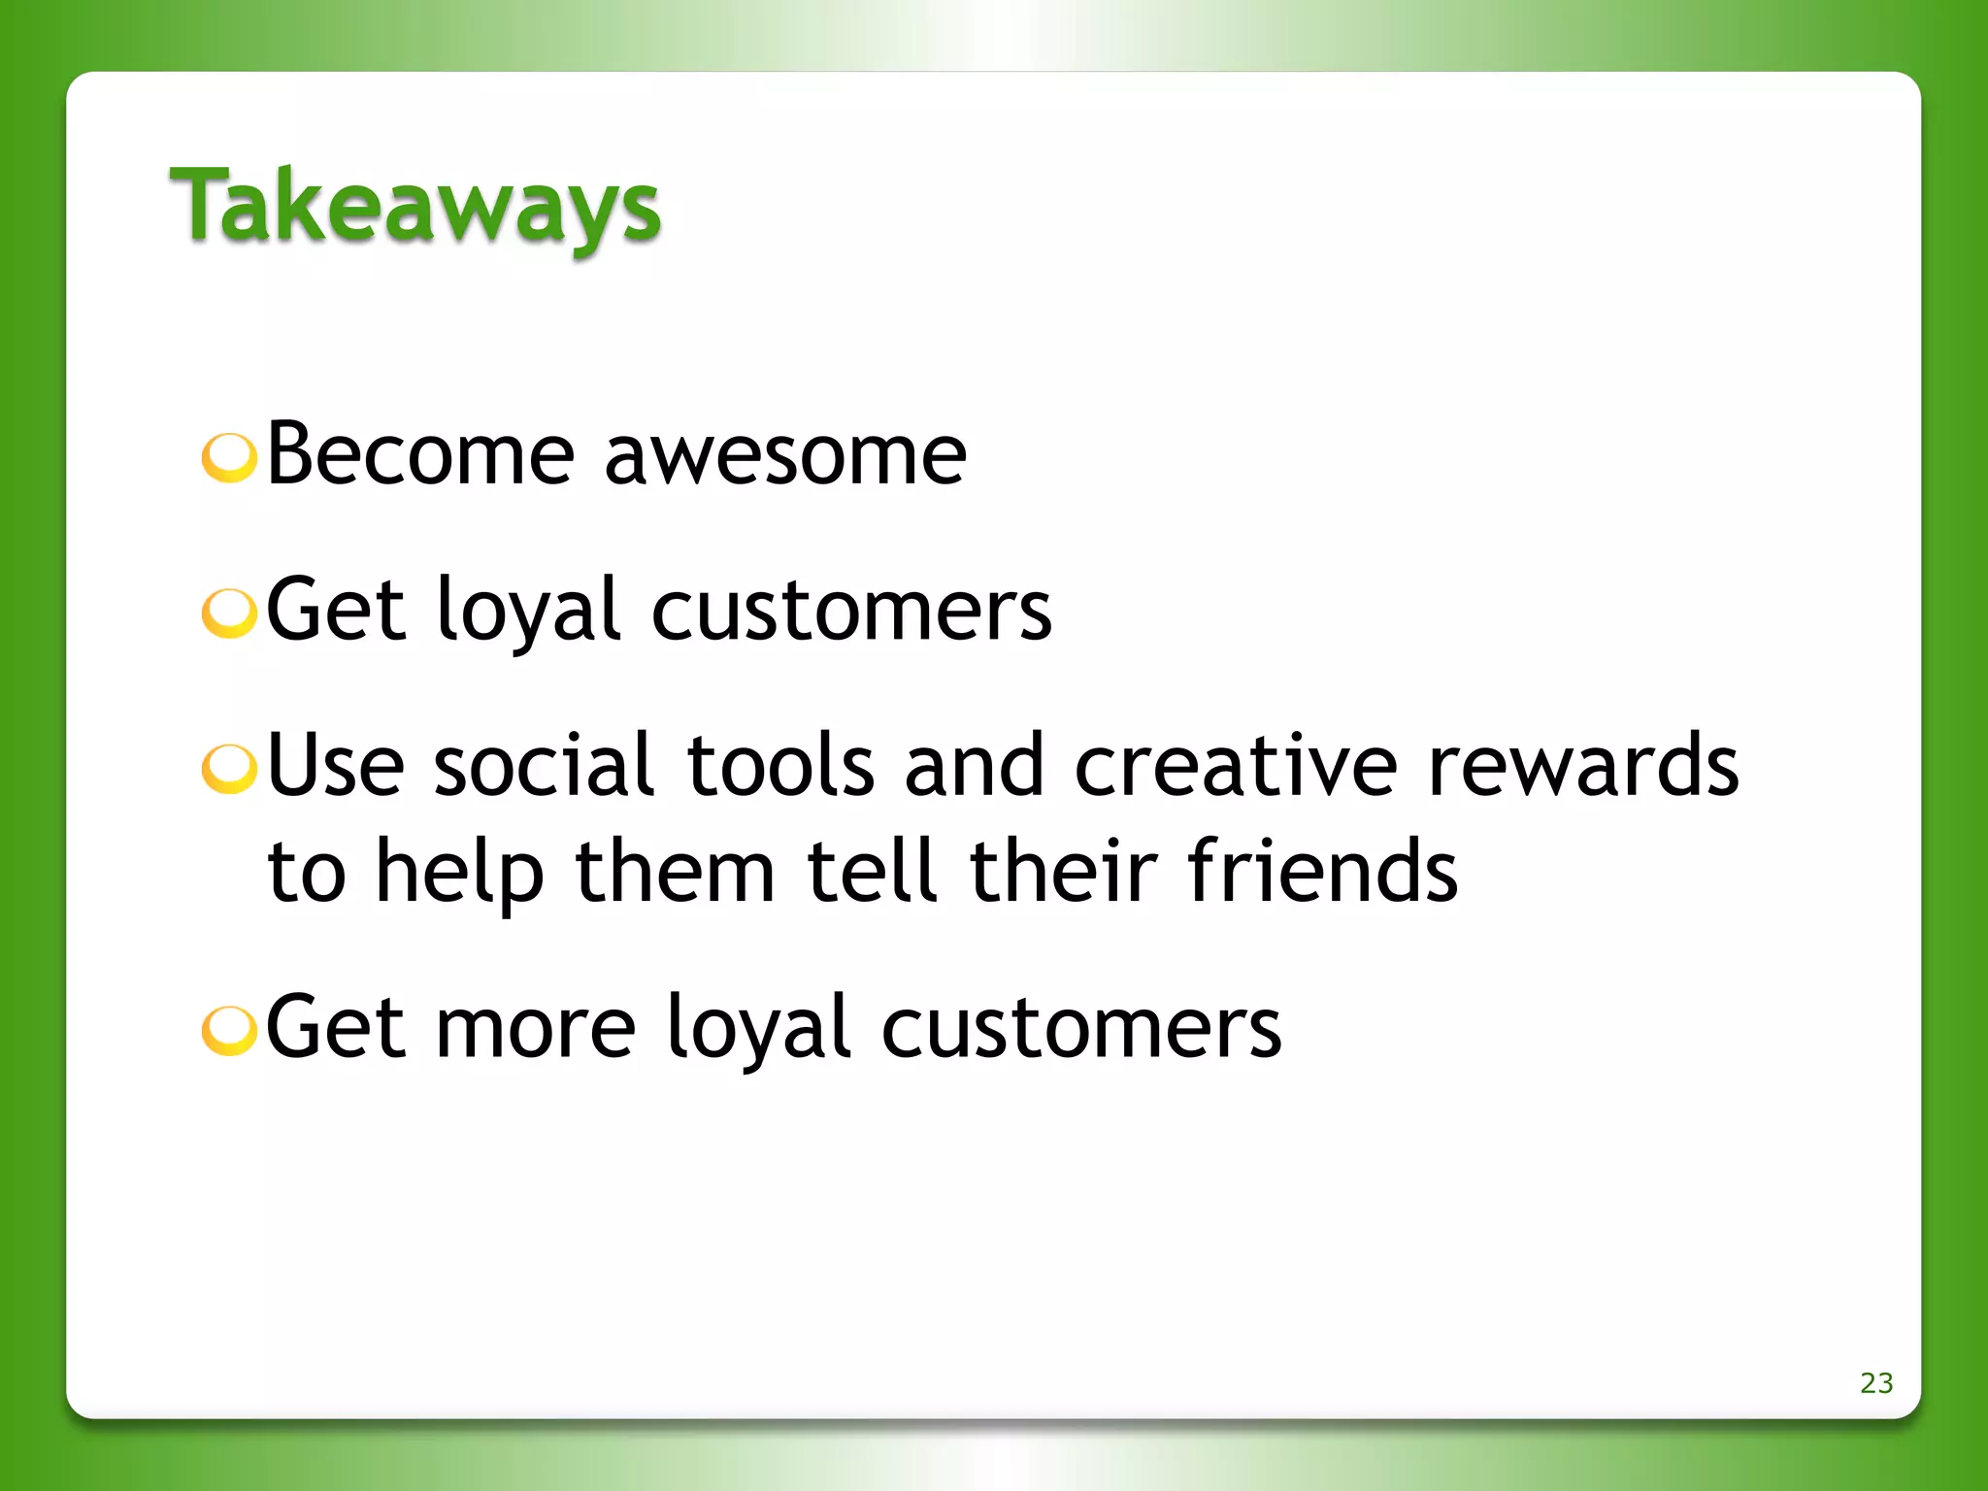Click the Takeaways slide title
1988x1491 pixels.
click(415, 206)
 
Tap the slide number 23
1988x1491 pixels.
click(1875, 1382)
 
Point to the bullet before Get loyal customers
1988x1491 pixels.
click(229, 613)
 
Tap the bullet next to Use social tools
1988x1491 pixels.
click(229, 769)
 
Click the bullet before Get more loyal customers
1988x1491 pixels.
click(229, 1030)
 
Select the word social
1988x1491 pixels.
click(545, 766)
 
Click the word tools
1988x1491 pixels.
click(780, 766)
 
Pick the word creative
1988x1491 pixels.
click(1236, 766)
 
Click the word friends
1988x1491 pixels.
click(1322, 871)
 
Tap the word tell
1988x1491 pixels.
click(872, 871)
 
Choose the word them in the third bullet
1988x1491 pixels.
click(676, 871)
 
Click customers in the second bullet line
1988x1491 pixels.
click(851, 612)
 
